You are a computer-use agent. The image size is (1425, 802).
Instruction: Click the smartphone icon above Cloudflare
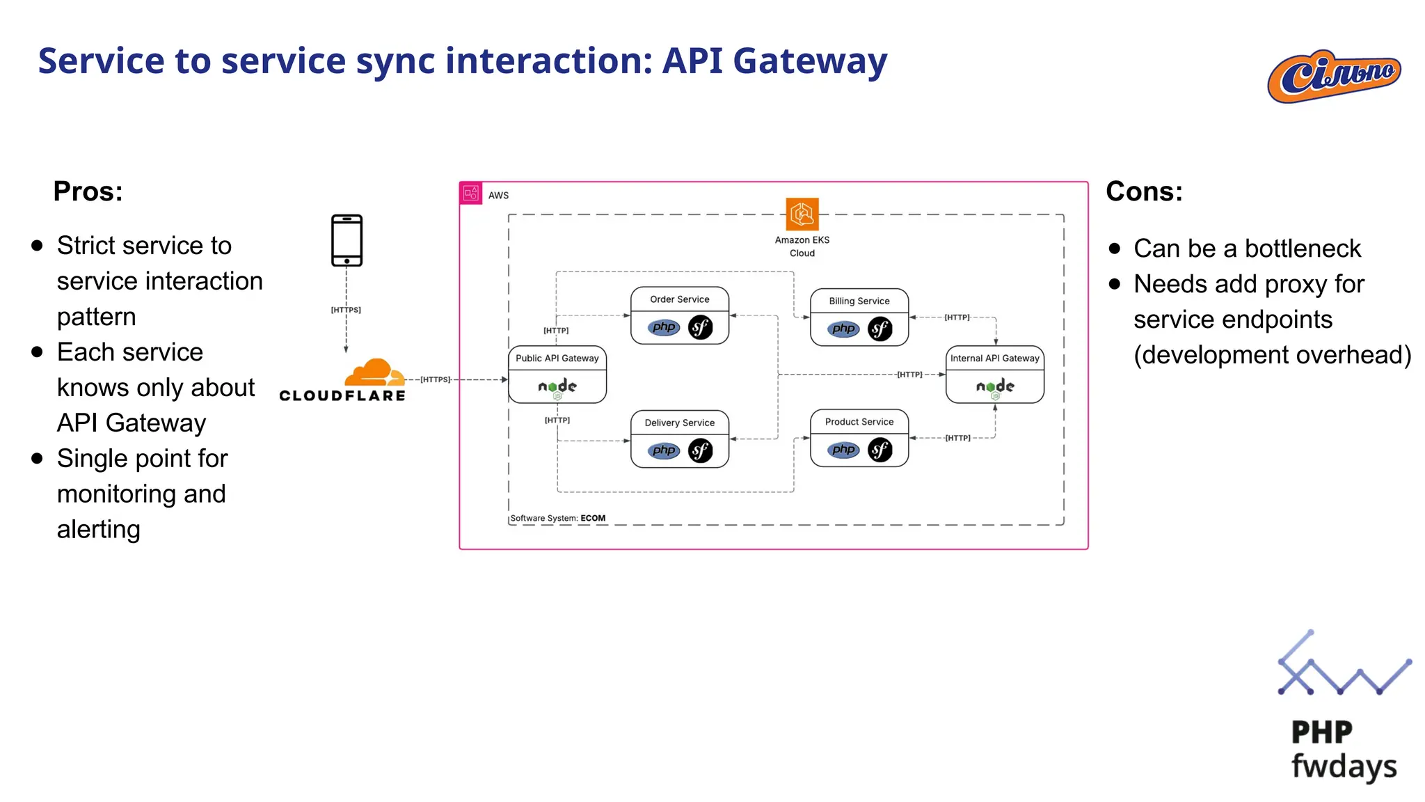coord(347,240)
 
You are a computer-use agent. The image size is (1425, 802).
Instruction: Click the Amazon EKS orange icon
coord(802,214)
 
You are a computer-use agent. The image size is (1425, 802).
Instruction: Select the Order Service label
coord(679,299)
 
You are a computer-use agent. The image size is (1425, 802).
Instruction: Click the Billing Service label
coord(859,301)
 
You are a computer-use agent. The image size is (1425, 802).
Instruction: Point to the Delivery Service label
coord(679,423)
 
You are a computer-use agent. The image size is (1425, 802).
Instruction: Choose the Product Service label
coord(859,422)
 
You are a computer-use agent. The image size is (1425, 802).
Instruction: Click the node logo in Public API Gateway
coord(557,386)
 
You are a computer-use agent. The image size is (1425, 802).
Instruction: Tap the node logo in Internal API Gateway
coord(994,386)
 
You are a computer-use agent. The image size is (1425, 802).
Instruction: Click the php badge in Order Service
coord(664,327)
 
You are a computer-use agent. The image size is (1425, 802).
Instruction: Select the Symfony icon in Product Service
coord(879,450)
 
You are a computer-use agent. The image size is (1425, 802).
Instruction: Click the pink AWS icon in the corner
coord(471,193)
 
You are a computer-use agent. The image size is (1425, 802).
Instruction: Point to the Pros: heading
coord(88,191)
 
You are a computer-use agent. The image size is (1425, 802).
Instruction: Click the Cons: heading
coord(1144,191)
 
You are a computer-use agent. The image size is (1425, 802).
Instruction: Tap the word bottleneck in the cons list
coord(1303,249)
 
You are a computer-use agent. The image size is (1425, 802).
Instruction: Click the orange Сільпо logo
coord(1334,77)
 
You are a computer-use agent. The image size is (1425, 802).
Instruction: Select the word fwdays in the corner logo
coord(1344,766)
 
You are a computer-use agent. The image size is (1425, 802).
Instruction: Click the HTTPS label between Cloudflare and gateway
coord(436,379)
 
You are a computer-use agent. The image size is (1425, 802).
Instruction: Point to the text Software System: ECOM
coord(558,518)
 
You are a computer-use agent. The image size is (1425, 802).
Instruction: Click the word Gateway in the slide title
coord(810,61)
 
